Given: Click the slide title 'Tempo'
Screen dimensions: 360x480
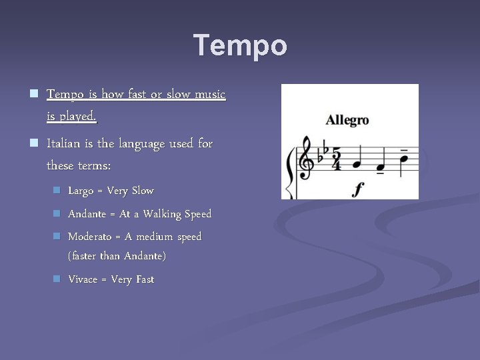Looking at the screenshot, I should click(240, 46).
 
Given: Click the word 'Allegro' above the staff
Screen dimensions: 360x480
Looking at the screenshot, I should click(347, 121).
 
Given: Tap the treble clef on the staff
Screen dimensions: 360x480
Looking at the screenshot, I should click(307, 159).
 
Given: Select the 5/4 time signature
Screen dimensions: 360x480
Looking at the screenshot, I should click(337, 159).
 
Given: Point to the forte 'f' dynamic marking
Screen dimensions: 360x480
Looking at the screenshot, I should click(358, 189).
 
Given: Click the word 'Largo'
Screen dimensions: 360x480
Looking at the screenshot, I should click(81, 191).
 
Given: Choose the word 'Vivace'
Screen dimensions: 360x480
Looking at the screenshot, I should click(83, 279).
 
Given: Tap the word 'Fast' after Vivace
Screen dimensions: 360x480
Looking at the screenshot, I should click(145, 279).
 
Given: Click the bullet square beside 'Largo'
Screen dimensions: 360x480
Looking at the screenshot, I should click(57, 191).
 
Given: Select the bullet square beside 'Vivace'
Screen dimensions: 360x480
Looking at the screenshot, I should click(57, 279).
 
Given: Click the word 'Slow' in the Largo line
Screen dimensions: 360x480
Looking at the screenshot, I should click(142, 191).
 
